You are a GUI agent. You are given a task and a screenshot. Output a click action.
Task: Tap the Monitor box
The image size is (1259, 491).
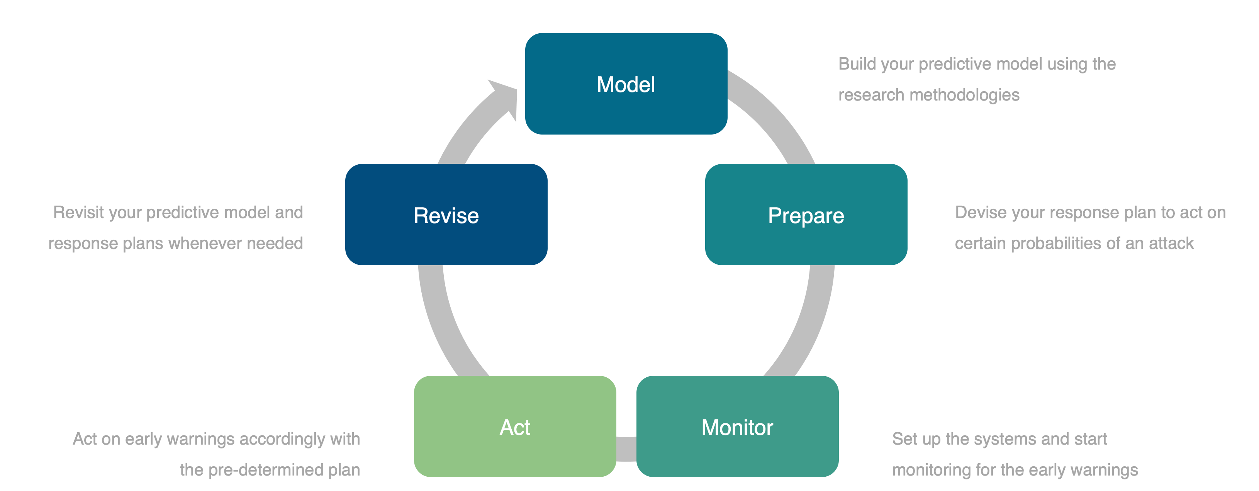tap(737, 426)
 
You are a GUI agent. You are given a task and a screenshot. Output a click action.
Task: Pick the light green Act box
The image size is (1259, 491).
tap(515, 426)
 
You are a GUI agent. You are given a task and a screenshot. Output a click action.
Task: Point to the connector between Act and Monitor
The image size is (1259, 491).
tap(626, 449)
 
